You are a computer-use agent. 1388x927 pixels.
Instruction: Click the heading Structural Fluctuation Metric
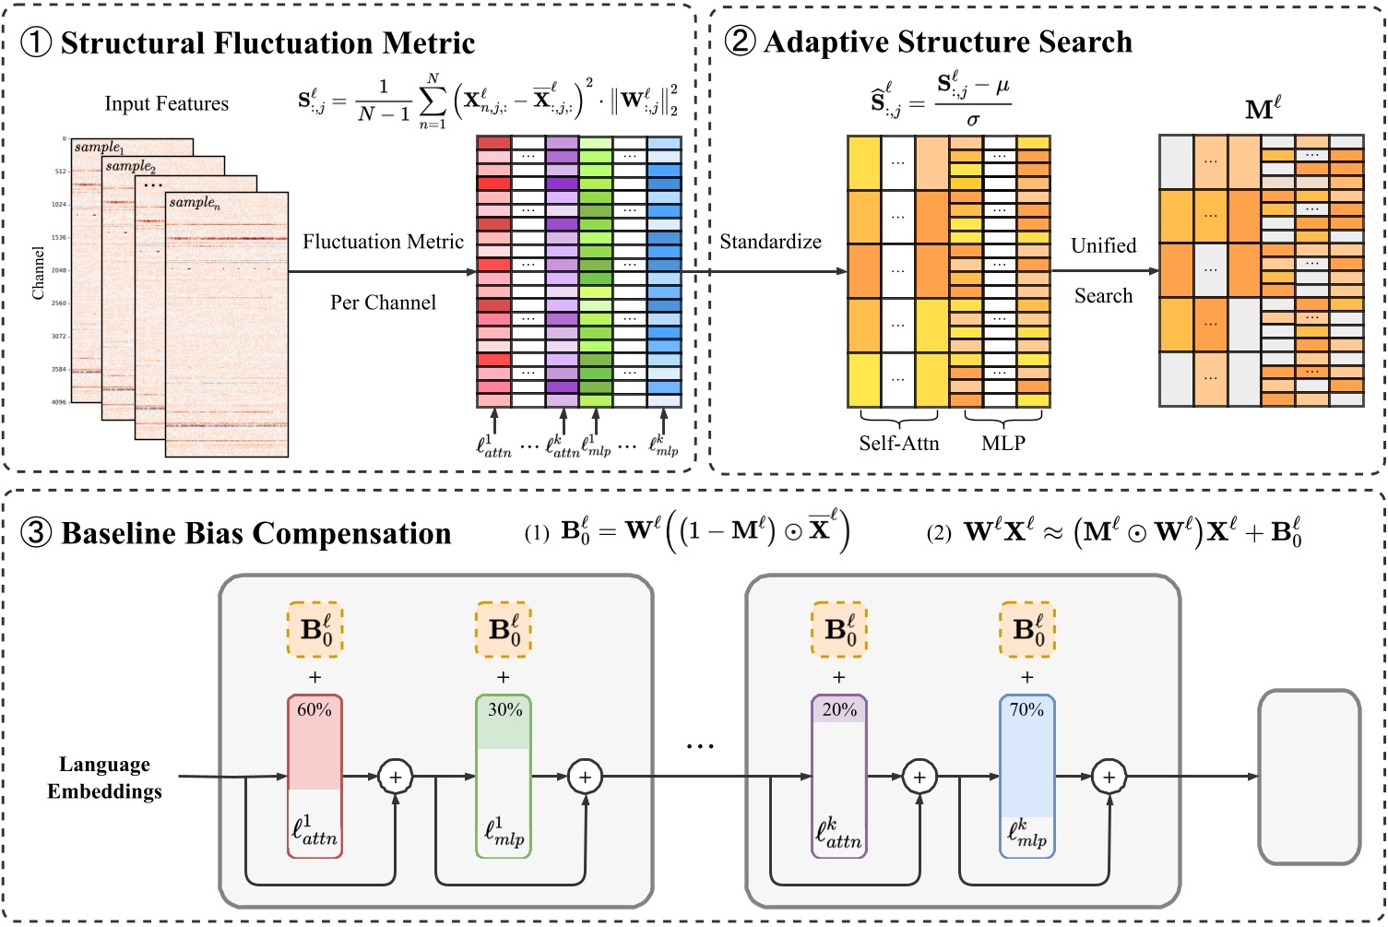click(x=267, y=43)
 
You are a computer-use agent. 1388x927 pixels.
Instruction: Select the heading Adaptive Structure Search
click(x=947, y=42)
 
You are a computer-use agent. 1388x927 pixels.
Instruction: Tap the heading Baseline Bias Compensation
click(x=255, y=534)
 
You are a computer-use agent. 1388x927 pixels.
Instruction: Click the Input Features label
click(x=166, y=103)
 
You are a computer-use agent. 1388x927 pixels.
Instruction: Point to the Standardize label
click(x=770, y=242)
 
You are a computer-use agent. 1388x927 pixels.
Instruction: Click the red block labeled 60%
click(x=314, y=775)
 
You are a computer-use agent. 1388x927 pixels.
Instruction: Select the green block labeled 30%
click(x=504, y=775)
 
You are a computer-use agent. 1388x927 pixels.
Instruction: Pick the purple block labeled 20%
click(x=838, y=775)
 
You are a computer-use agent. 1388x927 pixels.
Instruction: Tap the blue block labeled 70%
click(x=1026, y=775)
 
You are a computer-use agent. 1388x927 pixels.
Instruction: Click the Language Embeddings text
click(x=105, y=778)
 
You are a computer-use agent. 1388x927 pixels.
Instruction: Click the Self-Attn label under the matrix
click(x=898, y=444)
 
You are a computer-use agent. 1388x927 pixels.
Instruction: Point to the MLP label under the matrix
click(x=1003, y=444)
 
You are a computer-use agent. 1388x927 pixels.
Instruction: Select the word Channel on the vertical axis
click(x=38, y=273)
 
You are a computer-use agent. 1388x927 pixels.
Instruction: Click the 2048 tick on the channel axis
click(x=58, y=270)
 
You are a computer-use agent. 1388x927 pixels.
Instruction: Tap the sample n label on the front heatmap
click(x=195, y=202)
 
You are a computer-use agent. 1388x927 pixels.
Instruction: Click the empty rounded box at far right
click(x=1310, y=777)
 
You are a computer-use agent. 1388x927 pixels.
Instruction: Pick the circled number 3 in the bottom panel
click(x=35, y=534)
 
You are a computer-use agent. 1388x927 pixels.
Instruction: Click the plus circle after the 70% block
click(x=1109, y=778)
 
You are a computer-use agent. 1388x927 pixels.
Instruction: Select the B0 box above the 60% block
click(x=314, y=631)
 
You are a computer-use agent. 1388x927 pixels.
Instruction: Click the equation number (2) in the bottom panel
click(x=939, y=534)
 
